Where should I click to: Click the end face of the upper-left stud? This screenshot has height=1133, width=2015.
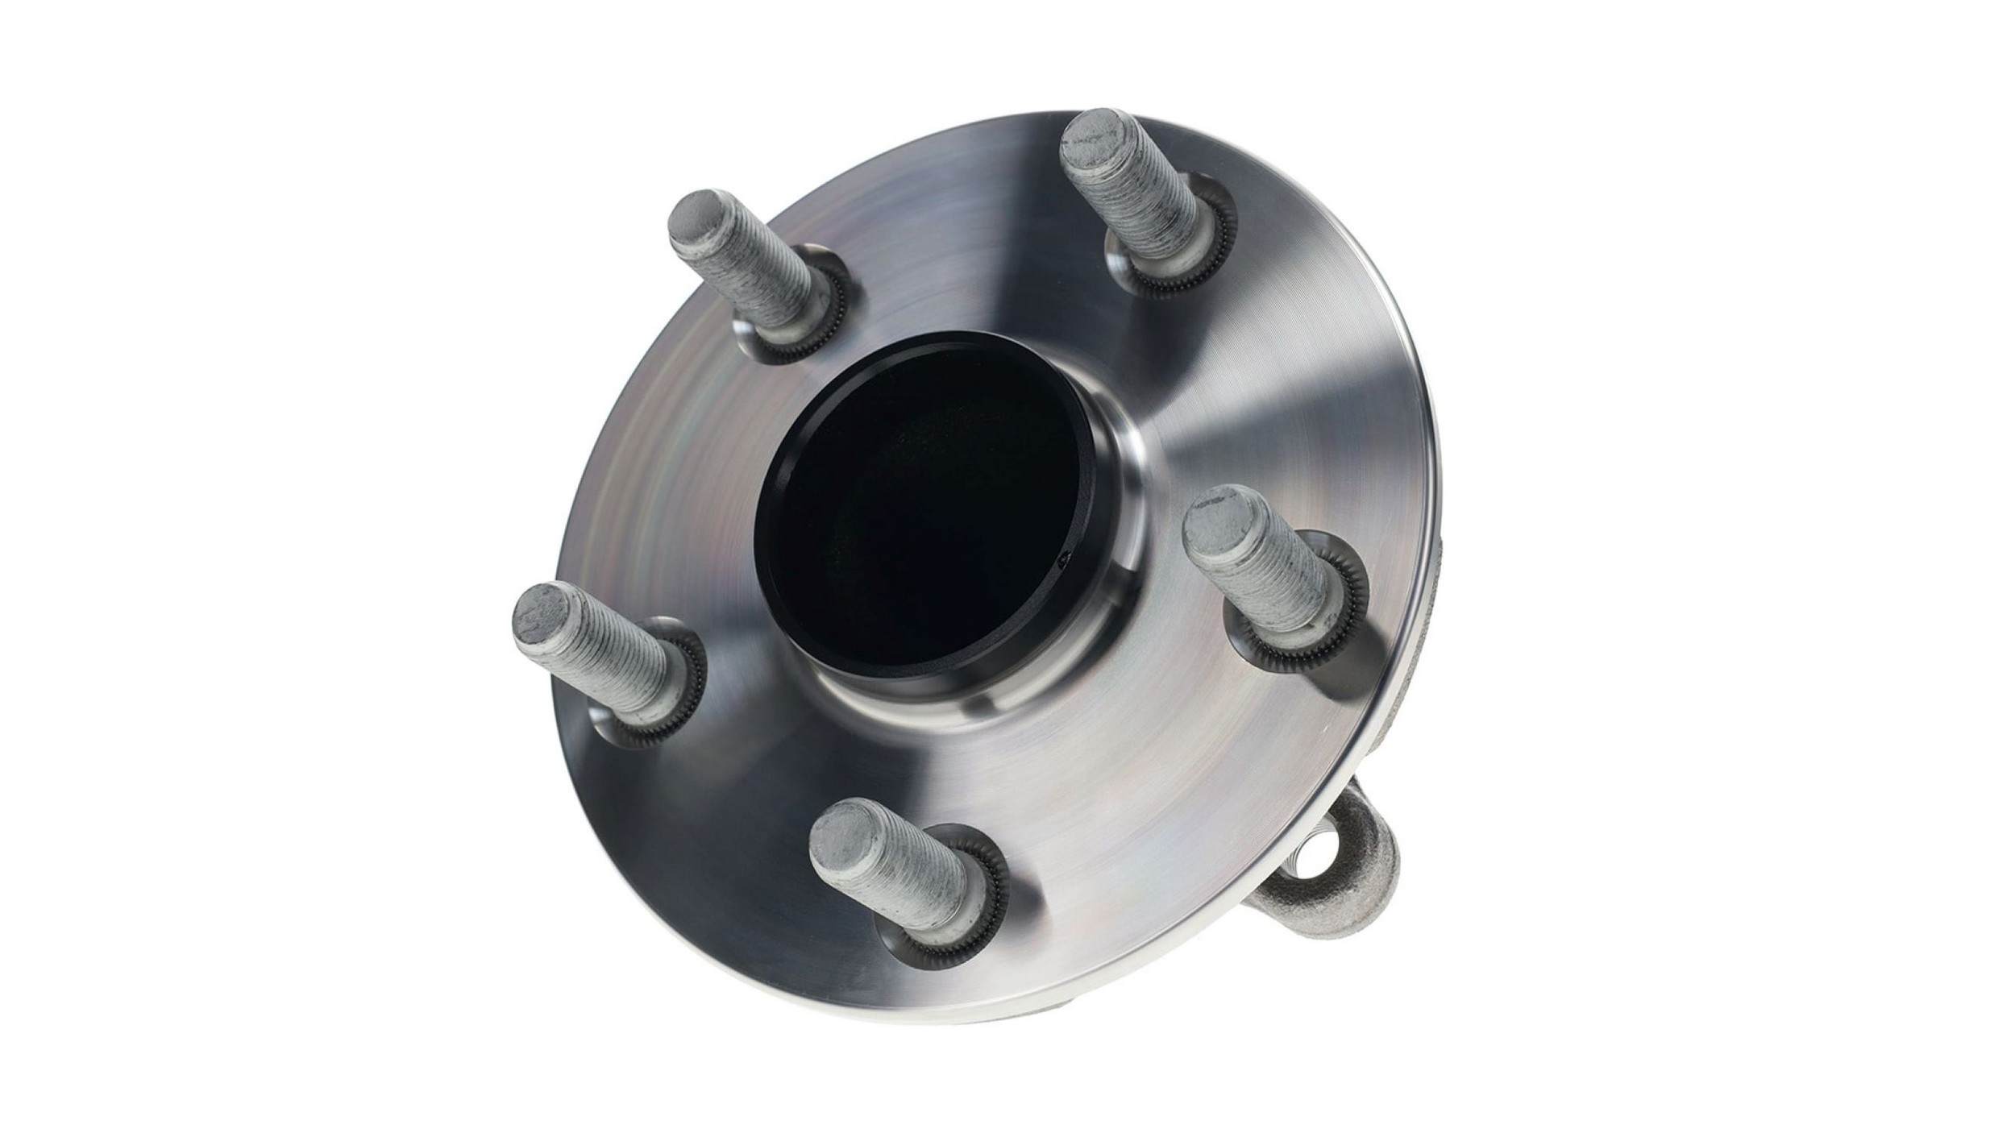pos(698,215)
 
